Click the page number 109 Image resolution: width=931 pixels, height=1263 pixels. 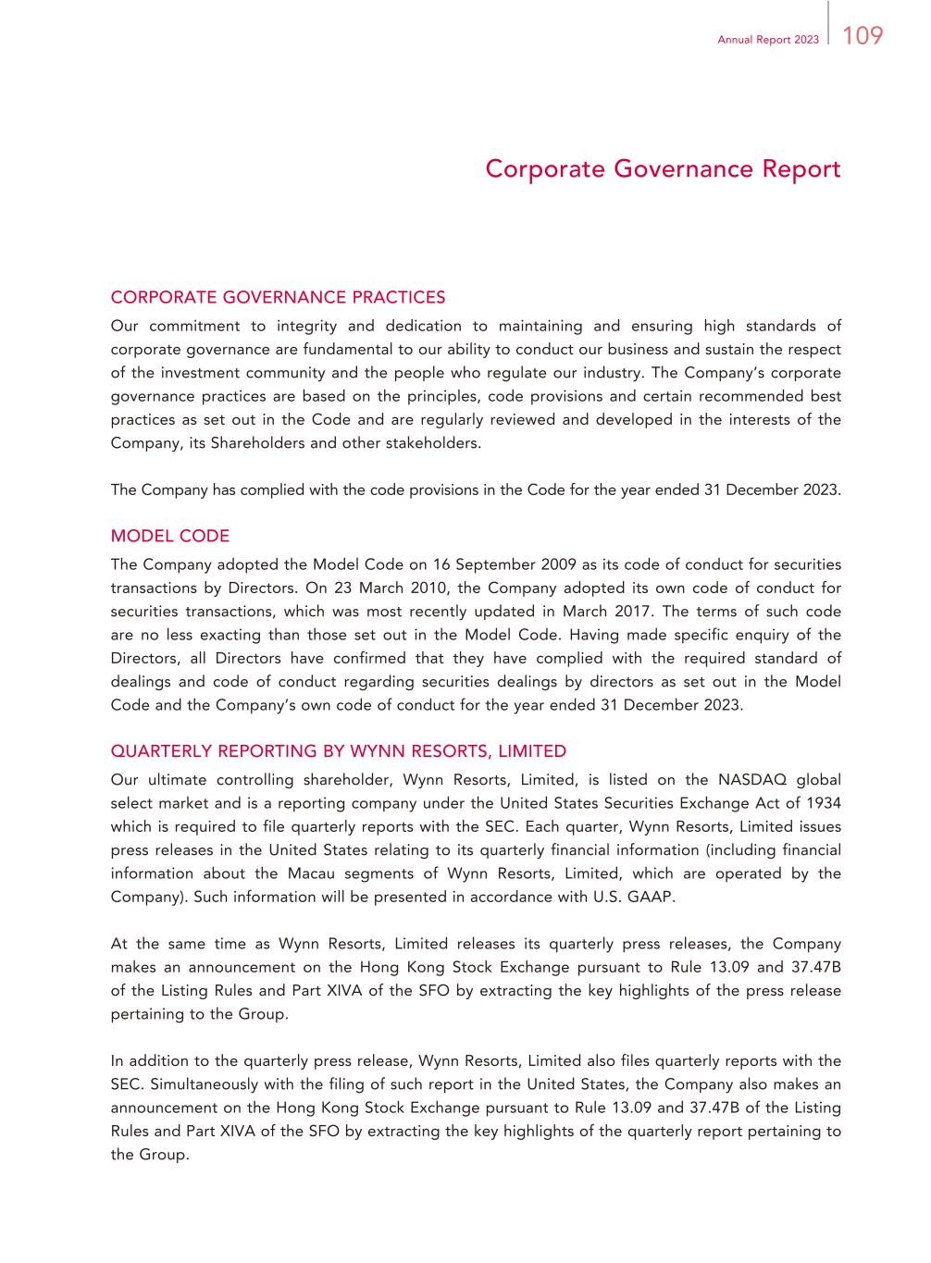click(x=863, y=36)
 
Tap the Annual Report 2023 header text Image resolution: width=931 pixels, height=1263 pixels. click(x=767, y=40)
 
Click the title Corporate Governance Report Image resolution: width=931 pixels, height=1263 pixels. click(x=663, y=169)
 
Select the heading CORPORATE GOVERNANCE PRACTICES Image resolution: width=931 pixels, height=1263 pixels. click(x=278, y=297)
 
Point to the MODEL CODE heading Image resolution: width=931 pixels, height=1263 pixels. click(x=169, y=536)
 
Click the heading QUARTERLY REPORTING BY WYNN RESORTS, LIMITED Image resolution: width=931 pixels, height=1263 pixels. click(x=338, y=750)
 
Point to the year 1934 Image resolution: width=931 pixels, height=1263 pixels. click(x=824, y=803)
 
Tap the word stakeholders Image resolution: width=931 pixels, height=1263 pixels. click(x=437, y=442)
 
